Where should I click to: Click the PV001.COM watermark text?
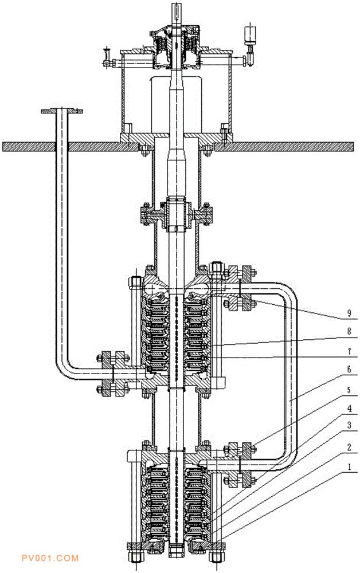49,558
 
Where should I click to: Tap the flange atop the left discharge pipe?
62,109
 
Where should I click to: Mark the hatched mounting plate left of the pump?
69,147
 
